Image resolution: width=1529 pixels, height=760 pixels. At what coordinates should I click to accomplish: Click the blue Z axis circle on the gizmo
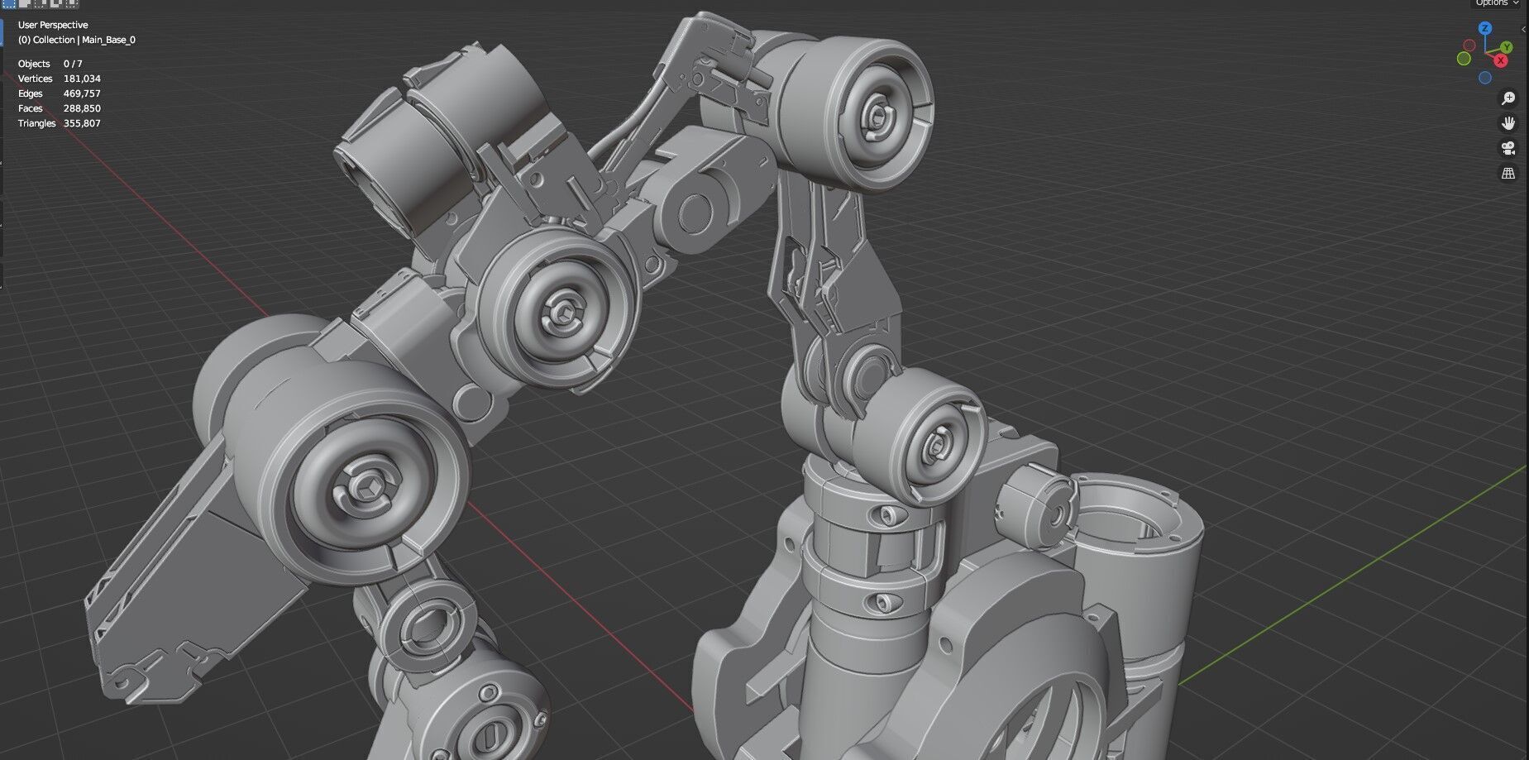click(1485, 28)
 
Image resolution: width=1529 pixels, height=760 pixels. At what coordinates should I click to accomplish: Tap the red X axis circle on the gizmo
click(1500, 60)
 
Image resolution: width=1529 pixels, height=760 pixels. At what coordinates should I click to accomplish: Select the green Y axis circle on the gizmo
click(1507, 47)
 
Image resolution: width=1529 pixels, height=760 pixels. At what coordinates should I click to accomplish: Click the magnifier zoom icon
click(1508, 98)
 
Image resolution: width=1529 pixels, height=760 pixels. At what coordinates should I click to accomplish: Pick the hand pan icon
click(1508, 123)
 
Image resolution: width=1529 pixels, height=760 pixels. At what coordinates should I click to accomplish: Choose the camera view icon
click(1508, 149)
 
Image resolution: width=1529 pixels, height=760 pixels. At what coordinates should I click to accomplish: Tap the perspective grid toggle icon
click(1508, 174)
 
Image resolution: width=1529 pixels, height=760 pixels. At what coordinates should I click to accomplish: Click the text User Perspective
click(53, 25)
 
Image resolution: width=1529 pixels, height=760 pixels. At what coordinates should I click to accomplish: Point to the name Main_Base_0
click(108, 40)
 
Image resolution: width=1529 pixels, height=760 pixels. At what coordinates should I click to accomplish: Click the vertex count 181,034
click(82, 79)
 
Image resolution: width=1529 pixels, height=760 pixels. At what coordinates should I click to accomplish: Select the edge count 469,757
click(82, 93)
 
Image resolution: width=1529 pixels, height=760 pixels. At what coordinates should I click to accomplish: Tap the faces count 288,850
click(82, 108)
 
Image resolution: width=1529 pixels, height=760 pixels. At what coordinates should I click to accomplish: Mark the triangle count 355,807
click(82, 123)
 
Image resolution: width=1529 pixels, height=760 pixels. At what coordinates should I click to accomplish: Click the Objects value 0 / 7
click(73, 64)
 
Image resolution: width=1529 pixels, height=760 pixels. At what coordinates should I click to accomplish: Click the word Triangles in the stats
click(36, 123)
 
